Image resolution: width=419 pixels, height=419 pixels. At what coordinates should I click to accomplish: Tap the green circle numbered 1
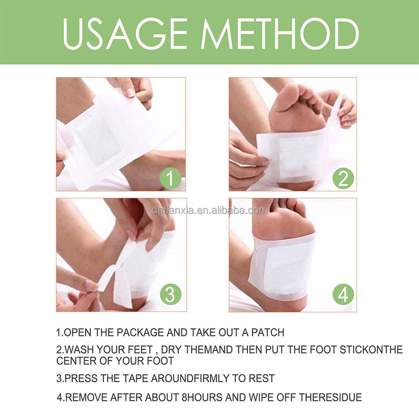click(x=170, y=179)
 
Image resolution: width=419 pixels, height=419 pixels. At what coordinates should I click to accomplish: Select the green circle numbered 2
click(x=343, y=179)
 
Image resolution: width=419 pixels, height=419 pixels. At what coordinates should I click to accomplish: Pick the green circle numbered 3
click(x=170, y=295)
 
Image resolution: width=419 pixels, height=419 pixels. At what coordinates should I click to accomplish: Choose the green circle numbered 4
click(x=343, y=295)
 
